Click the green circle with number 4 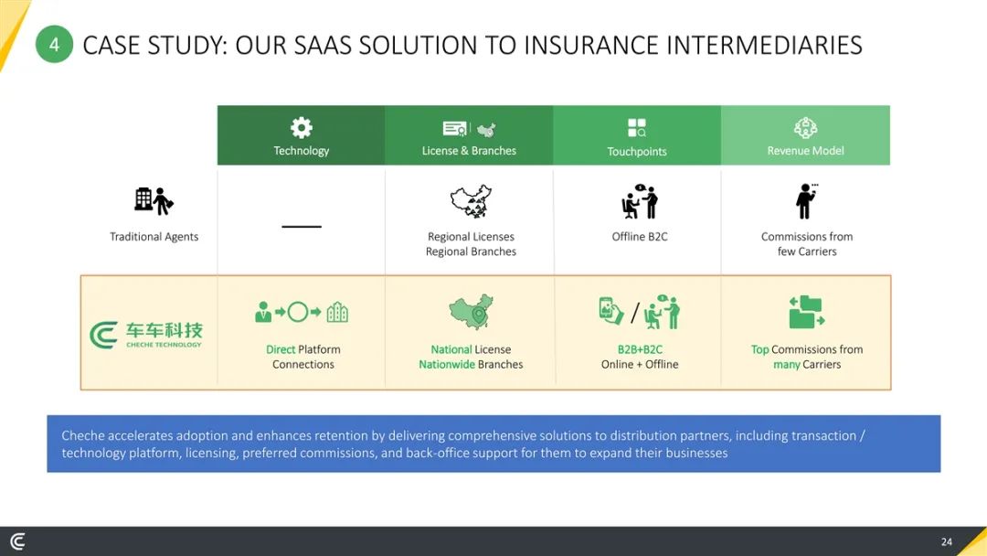point(54,44)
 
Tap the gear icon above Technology point(301,128)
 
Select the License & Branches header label point(469,151)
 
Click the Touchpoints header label point(636,151)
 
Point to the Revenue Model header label point(805,151)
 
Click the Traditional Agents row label point(154,237)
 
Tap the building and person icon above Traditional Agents point(154,200)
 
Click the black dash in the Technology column point(302,226)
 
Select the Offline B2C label point(640,237)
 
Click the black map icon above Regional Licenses point(471,201)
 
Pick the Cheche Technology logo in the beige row point(146,335)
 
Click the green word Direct point(281,349)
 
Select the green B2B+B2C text point(640,349)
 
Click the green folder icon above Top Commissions point(806,313)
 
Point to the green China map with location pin point(471,311)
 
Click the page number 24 point(946,541)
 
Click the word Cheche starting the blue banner point(83,435)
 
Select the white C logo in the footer point(17,540)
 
